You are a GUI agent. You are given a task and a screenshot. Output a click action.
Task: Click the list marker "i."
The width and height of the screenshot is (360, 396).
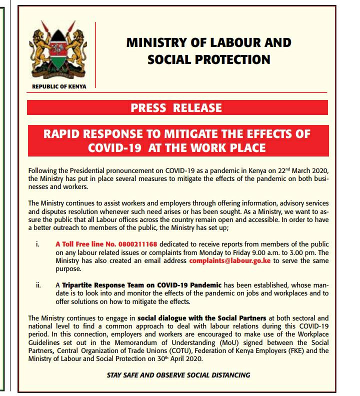click(38, 244)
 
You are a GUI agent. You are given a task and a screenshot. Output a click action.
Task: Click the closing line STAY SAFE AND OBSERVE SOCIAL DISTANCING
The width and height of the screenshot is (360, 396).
click(178, 375)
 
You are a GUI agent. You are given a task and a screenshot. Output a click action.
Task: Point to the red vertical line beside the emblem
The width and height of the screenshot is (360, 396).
click(95, 55)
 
